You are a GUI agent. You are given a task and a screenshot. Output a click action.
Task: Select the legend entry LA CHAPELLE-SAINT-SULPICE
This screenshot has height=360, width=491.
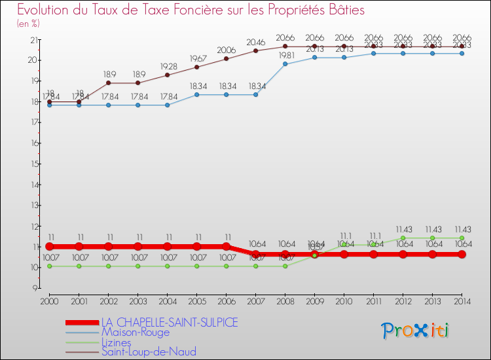coord(169,322)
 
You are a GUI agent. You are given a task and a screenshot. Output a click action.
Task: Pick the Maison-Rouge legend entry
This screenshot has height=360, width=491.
coord(135,332)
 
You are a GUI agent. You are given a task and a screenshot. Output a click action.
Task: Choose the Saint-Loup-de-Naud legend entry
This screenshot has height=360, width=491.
coord(149,352)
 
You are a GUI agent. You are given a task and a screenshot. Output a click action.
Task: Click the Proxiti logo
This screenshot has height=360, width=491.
coord(416,331)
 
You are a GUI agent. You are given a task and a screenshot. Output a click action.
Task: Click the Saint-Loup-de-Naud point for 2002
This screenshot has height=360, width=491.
coord(108,83)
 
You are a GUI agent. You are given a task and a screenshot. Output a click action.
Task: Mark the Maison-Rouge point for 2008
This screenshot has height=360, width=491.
coord(285,64)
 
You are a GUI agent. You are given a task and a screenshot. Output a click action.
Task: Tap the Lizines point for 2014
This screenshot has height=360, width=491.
coord(462,238)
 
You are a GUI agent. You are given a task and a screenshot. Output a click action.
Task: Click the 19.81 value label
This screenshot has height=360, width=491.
coord(285,55)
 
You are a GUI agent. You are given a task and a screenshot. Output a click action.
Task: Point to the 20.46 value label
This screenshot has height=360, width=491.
coord(255,42)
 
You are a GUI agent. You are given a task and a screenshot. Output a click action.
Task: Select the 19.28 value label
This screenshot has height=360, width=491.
coord(167,66)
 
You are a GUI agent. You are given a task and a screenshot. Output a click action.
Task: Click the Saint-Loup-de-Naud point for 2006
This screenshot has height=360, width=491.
coord(226,59)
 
